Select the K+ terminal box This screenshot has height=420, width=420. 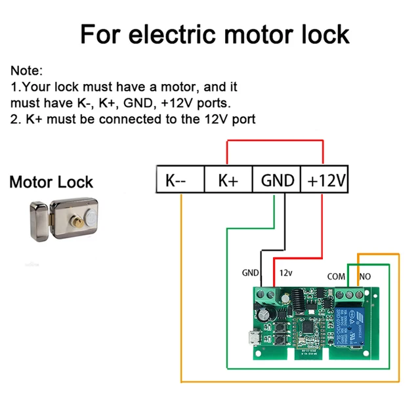coord(228,179)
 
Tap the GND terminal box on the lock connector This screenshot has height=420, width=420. coord(278,179)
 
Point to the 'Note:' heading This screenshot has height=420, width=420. coord(26,70)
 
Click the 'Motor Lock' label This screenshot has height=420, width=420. coord(51,182)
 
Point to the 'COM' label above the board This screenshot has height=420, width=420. coord(336,276)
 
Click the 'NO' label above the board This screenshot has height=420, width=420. coord(365,276)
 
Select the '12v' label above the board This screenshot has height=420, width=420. coord(286,272)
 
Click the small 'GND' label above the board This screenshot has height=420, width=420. coord(251,272)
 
